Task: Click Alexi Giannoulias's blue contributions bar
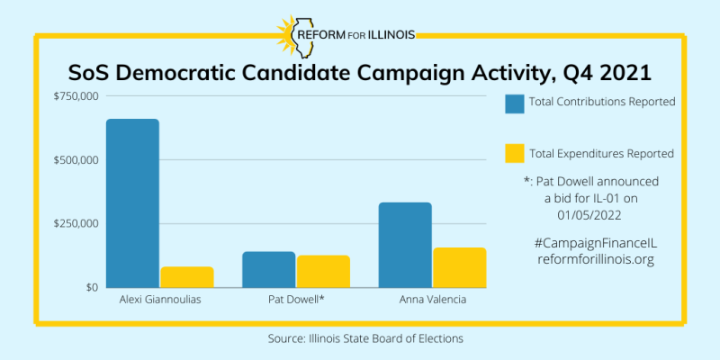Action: coord(132,202)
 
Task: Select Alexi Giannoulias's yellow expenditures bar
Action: coord(186,277)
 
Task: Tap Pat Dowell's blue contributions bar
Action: coord(268,269)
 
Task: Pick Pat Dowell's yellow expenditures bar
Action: coord(322,271)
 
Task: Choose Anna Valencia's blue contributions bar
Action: coord(404,245)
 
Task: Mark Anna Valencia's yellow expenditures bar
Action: coord(459,267)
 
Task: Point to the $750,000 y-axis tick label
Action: coord(75,96)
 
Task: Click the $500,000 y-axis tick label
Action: coord(75,160)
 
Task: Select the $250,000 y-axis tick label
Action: coord(75,223)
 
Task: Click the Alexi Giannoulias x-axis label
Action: coord(159,300)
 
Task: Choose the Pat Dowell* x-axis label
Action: coord(295,300)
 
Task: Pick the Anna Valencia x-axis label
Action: coord(432,300)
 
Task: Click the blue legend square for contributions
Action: coord(515,104)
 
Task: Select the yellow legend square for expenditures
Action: coord(515,154)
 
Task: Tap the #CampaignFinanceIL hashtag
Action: coord(597,243)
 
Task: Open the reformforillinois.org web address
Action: coord(597,259)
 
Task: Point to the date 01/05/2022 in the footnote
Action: coord(597,213)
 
